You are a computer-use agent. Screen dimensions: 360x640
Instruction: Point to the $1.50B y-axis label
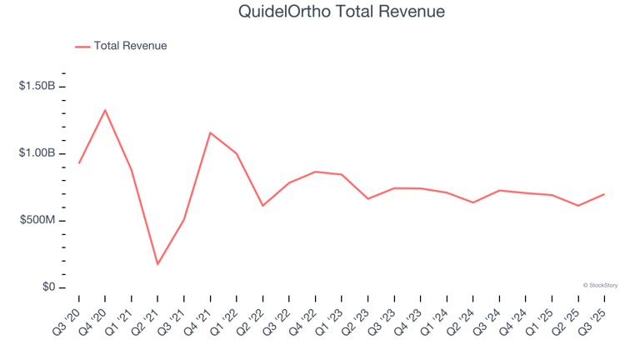(x=37, y=87)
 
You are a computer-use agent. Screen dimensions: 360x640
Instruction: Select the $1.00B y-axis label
(x=37, y=153)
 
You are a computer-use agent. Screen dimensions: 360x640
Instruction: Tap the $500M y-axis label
(x=37, y=221)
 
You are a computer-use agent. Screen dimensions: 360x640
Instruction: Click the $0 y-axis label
(x=47, y=287)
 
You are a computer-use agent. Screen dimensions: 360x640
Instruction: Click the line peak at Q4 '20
(x=105, y=110)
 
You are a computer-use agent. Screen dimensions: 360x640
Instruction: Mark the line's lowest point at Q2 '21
(x=157, y=264)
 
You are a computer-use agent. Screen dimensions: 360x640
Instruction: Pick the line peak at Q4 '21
(x=210, y=132)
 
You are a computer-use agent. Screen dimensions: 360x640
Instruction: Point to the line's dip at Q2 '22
(x=262, y=206)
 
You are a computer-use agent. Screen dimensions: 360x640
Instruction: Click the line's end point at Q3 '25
(x=604, y=194)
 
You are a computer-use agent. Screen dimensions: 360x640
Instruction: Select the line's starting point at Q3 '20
(x=79, y=162)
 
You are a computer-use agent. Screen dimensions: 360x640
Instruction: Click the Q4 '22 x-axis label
(x=305, y=315)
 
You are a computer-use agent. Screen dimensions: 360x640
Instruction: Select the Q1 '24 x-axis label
(x=437, y=315)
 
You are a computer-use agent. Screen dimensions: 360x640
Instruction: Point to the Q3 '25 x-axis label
(x=594, y=315)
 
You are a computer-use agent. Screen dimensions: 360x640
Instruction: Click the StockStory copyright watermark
(x=600, y=285)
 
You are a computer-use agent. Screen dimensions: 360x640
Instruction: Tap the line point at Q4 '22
(x=315, y=172)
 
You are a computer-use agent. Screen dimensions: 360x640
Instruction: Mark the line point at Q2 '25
(x=577, y=206)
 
